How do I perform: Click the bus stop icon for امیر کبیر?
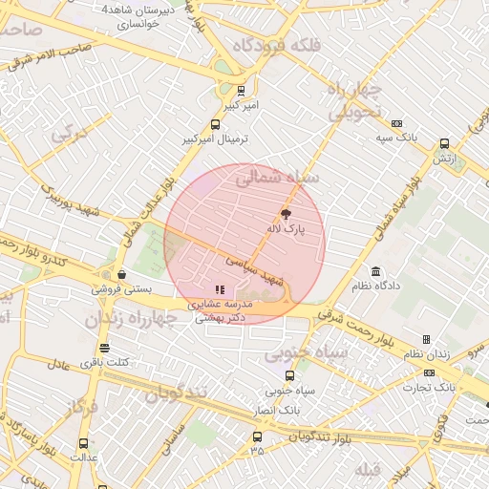(240, 92)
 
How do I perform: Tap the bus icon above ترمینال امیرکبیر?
(215, 124)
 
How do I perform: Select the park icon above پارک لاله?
(286, 214)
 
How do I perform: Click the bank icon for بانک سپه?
(396, 123)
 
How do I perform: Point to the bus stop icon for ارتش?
(444, 144)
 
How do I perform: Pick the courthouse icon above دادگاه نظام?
(375, 271)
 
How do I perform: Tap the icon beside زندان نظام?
(426, 339)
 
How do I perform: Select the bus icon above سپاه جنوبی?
(290, 376)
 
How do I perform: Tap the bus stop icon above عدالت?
(83, 443)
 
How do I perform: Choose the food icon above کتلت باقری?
(103, 348)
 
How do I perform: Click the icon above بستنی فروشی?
(119, 273)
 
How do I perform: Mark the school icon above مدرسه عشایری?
(220, 288)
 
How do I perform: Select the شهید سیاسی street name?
(254, 269)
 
